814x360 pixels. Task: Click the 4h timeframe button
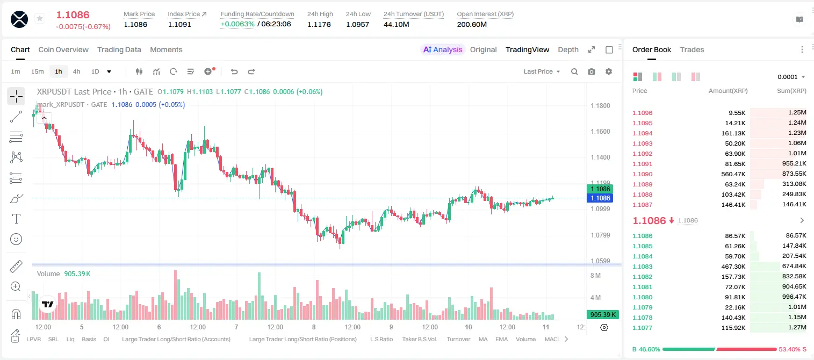(x=76, y=71)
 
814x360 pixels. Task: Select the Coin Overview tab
(x=63, y=49)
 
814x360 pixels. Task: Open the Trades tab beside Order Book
(x=692, y=49)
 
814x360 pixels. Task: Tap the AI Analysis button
(x=443, y=49)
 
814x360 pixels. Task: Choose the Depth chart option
(x=568, y=49)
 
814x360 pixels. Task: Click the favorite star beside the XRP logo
(x=40, y=18)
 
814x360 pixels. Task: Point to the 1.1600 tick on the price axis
(x=600, y=132)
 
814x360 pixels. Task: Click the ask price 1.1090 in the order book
(x=643, y=174)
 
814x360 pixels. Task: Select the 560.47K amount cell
(x=733, y=174)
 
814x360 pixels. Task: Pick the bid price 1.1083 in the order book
(x=643, y=267)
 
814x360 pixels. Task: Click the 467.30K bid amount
(x=733, y=267)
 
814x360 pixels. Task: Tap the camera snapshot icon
(x=592, y=71)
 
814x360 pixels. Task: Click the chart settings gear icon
(x=609, y=71)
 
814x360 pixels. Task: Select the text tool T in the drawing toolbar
(x=16, y=219)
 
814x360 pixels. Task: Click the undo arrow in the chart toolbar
(x=234, y=71)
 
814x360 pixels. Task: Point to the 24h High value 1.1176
(x=319, y=24)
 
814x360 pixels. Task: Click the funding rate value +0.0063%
(x=237, y=24)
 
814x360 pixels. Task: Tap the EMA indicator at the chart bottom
(x=501, y=339)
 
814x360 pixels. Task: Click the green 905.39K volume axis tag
(x=602, y=314)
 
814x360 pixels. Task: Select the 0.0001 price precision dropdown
(x=791, y=77)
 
